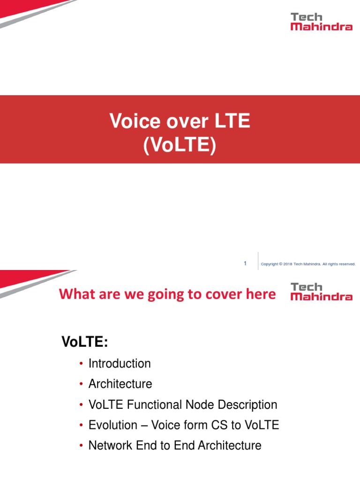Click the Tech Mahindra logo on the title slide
[321, 22]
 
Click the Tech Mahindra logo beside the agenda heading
[321, 291]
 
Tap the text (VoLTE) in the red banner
[180, 146]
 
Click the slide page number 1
[245, 263]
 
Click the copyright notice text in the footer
[308, 264]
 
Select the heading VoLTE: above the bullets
[85, 342]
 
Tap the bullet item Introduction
[120, 364]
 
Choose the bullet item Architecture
[120, 384]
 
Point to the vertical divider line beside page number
[258, 261]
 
